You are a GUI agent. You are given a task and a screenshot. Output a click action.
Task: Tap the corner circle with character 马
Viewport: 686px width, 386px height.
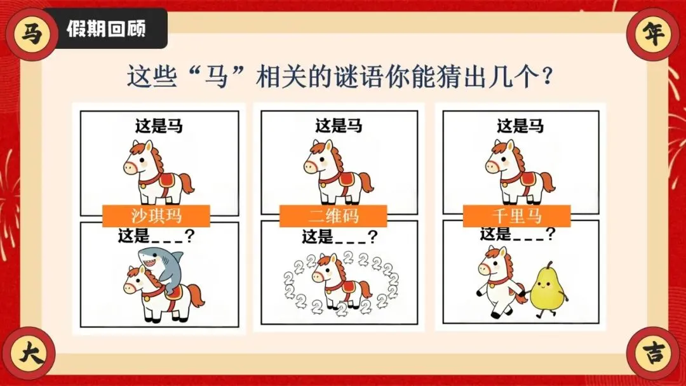tap(32, 34)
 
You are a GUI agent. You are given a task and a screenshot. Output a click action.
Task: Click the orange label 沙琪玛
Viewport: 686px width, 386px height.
tap(156, 216)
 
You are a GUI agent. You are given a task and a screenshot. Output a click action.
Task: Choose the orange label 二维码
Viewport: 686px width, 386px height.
tap(333, 216)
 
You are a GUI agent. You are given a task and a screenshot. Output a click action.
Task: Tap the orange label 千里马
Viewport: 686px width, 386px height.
tap(516, 216)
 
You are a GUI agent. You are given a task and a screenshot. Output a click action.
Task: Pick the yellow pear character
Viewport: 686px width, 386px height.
tap(547, 288)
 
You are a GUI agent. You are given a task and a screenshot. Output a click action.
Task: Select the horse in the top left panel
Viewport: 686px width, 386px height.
tap(158, 172)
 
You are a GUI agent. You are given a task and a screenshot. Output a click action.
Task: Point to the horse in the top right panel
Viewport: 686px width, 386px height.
tap(520, 172)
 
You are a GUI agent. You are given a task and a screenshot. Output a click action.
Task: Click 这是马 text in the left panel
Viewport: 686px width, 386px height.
tap(159, 126)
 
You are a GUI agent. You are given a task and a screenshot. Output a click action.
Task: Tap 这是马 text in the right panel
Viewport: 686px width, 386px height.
tap(520, 126)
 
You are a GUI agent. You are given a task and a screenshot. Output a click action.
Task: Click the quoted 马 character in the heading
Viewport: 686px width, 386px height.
tap(217, 77)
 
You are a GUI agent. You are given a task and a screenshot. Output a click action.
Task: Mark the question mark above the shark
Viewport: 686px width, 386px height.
tap(190, 236)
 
